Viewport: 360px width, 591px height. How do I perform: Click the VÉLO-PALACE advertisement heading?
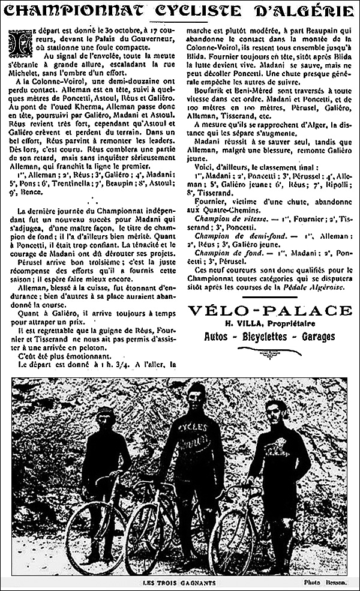269,310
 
